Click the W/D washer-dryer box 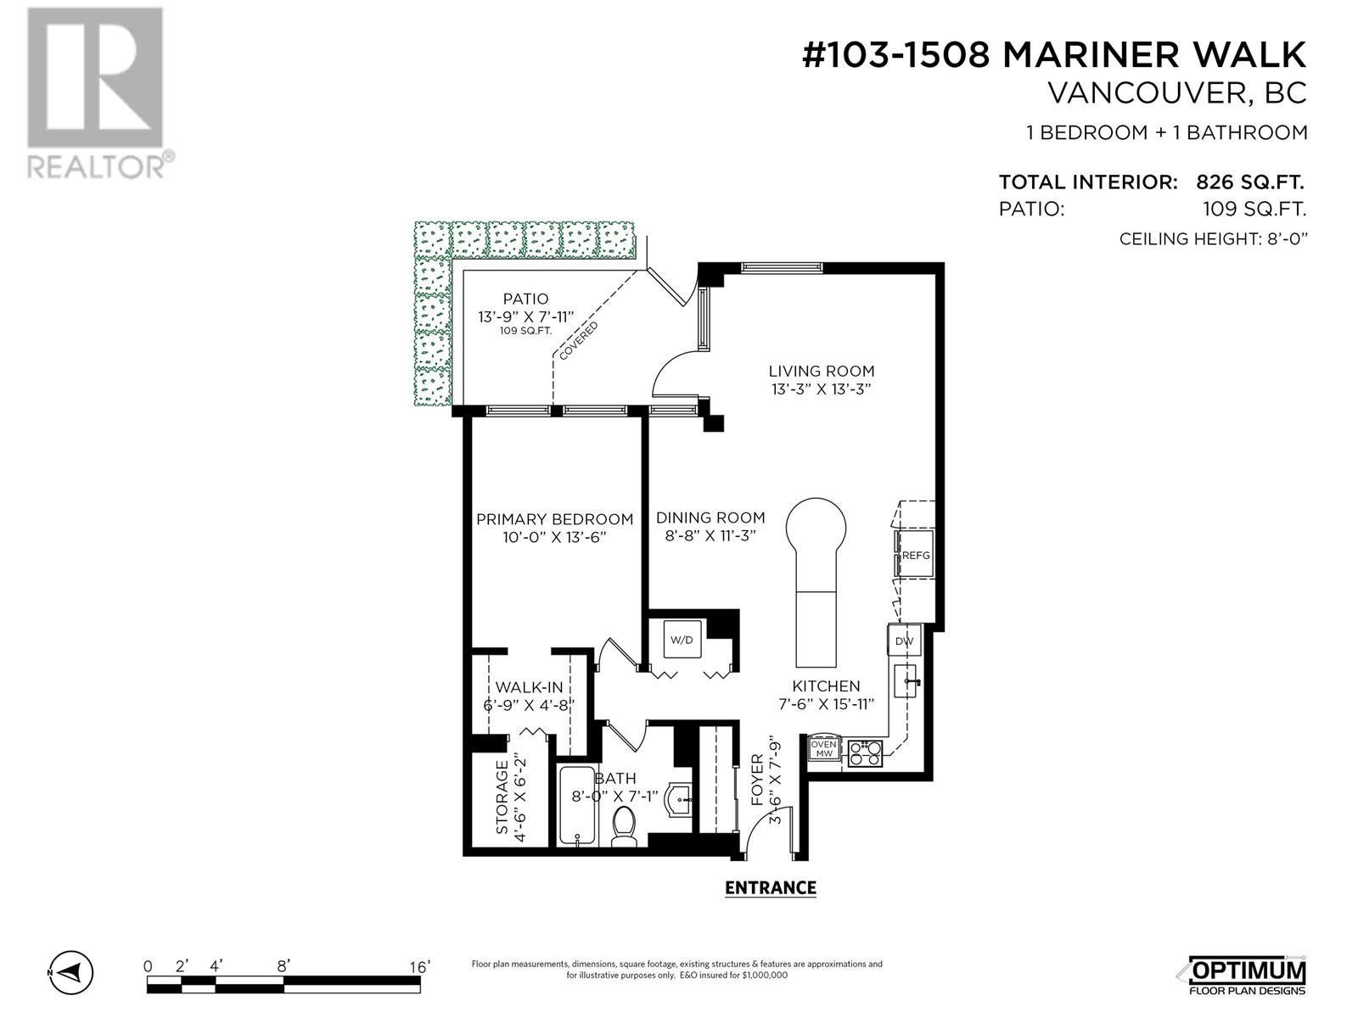click(x=682, y=640)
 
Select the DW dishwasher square click(x=904, y=641)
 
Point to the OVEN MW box click(x=824, y=748)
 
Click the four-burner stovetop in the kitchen click(x=864, y=753)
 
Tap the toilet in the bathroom click(x=623, y=825)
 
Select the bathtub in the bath click(x=577, y=805)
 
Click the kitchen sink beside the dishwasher click(x=905, y=681)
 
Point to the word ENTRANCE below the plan click(x=771, y=887)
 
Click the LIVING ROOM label click(x=821, y=371)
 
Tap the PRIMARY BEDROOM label click(x=554, y=519)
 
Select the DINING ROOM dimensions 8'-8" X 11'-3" click(x=710, y=535)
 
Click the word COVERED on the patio click(x=579, y=340)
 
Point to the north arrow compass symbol click(x=70, y=973)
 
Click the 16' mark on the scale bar click(x=418, y=967)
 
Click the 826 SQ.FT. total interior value click(x=1249, y=182)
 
